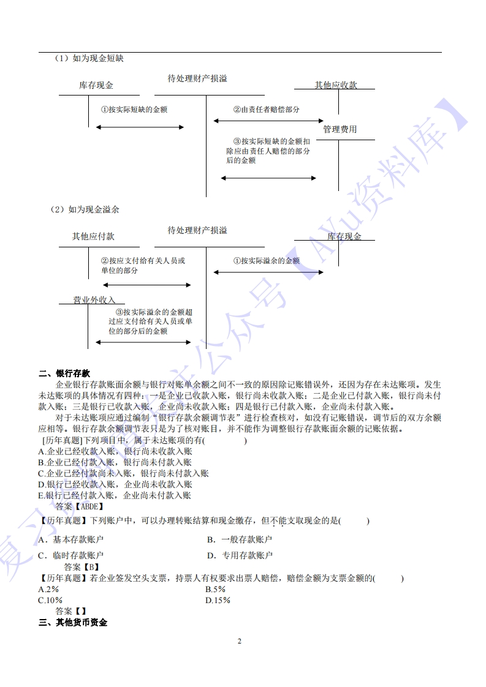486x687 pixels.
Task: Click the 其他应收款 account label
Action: click(x=336, y=85)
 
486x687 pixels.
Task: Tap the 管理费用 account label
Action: click(x=340, y=130)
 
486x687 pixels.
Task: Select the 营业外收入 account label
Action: click(x=94, y=300)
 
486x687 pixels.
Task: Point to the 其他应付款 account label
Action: click(x=93, y=236)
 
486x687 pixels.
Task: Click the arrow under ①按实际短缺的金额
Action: click(x=140, y=127)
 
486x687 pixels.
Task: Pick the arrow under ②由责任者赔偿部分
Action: click(x=268, y=121)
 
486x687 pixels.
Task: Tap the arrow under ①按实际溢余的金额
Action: click(x=268, y=272)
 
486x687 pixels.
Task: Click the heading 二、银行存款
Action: click(x=64, y=374)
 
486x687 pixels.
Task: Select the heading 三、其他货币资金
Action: click(x=73, y=623)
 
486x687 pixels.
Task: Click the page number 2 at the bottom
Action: click(x=240, y=641)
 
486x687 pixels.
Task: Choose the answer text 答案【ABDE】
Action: click(x=79, y=506)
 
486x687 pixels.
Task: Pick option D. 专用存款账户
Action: click(x=240, y=556)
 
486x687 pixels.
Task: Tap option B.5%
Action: click(x=216, y=589)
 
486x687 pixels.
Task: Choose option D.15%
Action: click(x=218, y=600)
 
